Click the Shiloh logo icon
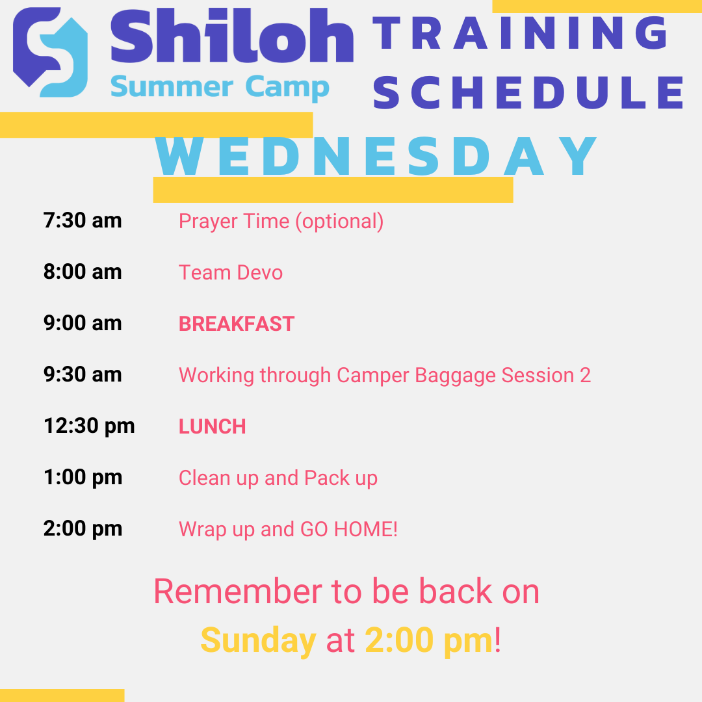coord(51,52)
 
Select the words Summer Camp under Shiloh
coord(220,87)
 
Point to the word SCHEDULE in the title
coord(529,92)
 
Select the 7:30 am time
coord(83,221)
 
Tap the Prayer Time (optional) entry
coord(281,222)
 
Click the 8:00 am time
coord(83,272)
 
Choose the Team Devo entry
coord(231,272)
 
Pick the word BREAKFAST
coord(237,324)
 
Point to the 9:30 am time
coord(83,375)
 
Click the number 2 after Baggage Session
coord(585,375)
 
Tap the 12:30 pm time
coord(89,426)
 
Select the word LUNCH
coord(213,426)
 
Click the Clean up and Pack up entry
coord(278,478)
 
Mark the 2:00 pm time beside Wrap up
coord(83,529)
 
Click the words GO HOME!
coord(349,529)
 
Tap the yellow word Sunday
coord(258,641)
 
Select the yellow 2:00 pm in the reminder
coord(429,641)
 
